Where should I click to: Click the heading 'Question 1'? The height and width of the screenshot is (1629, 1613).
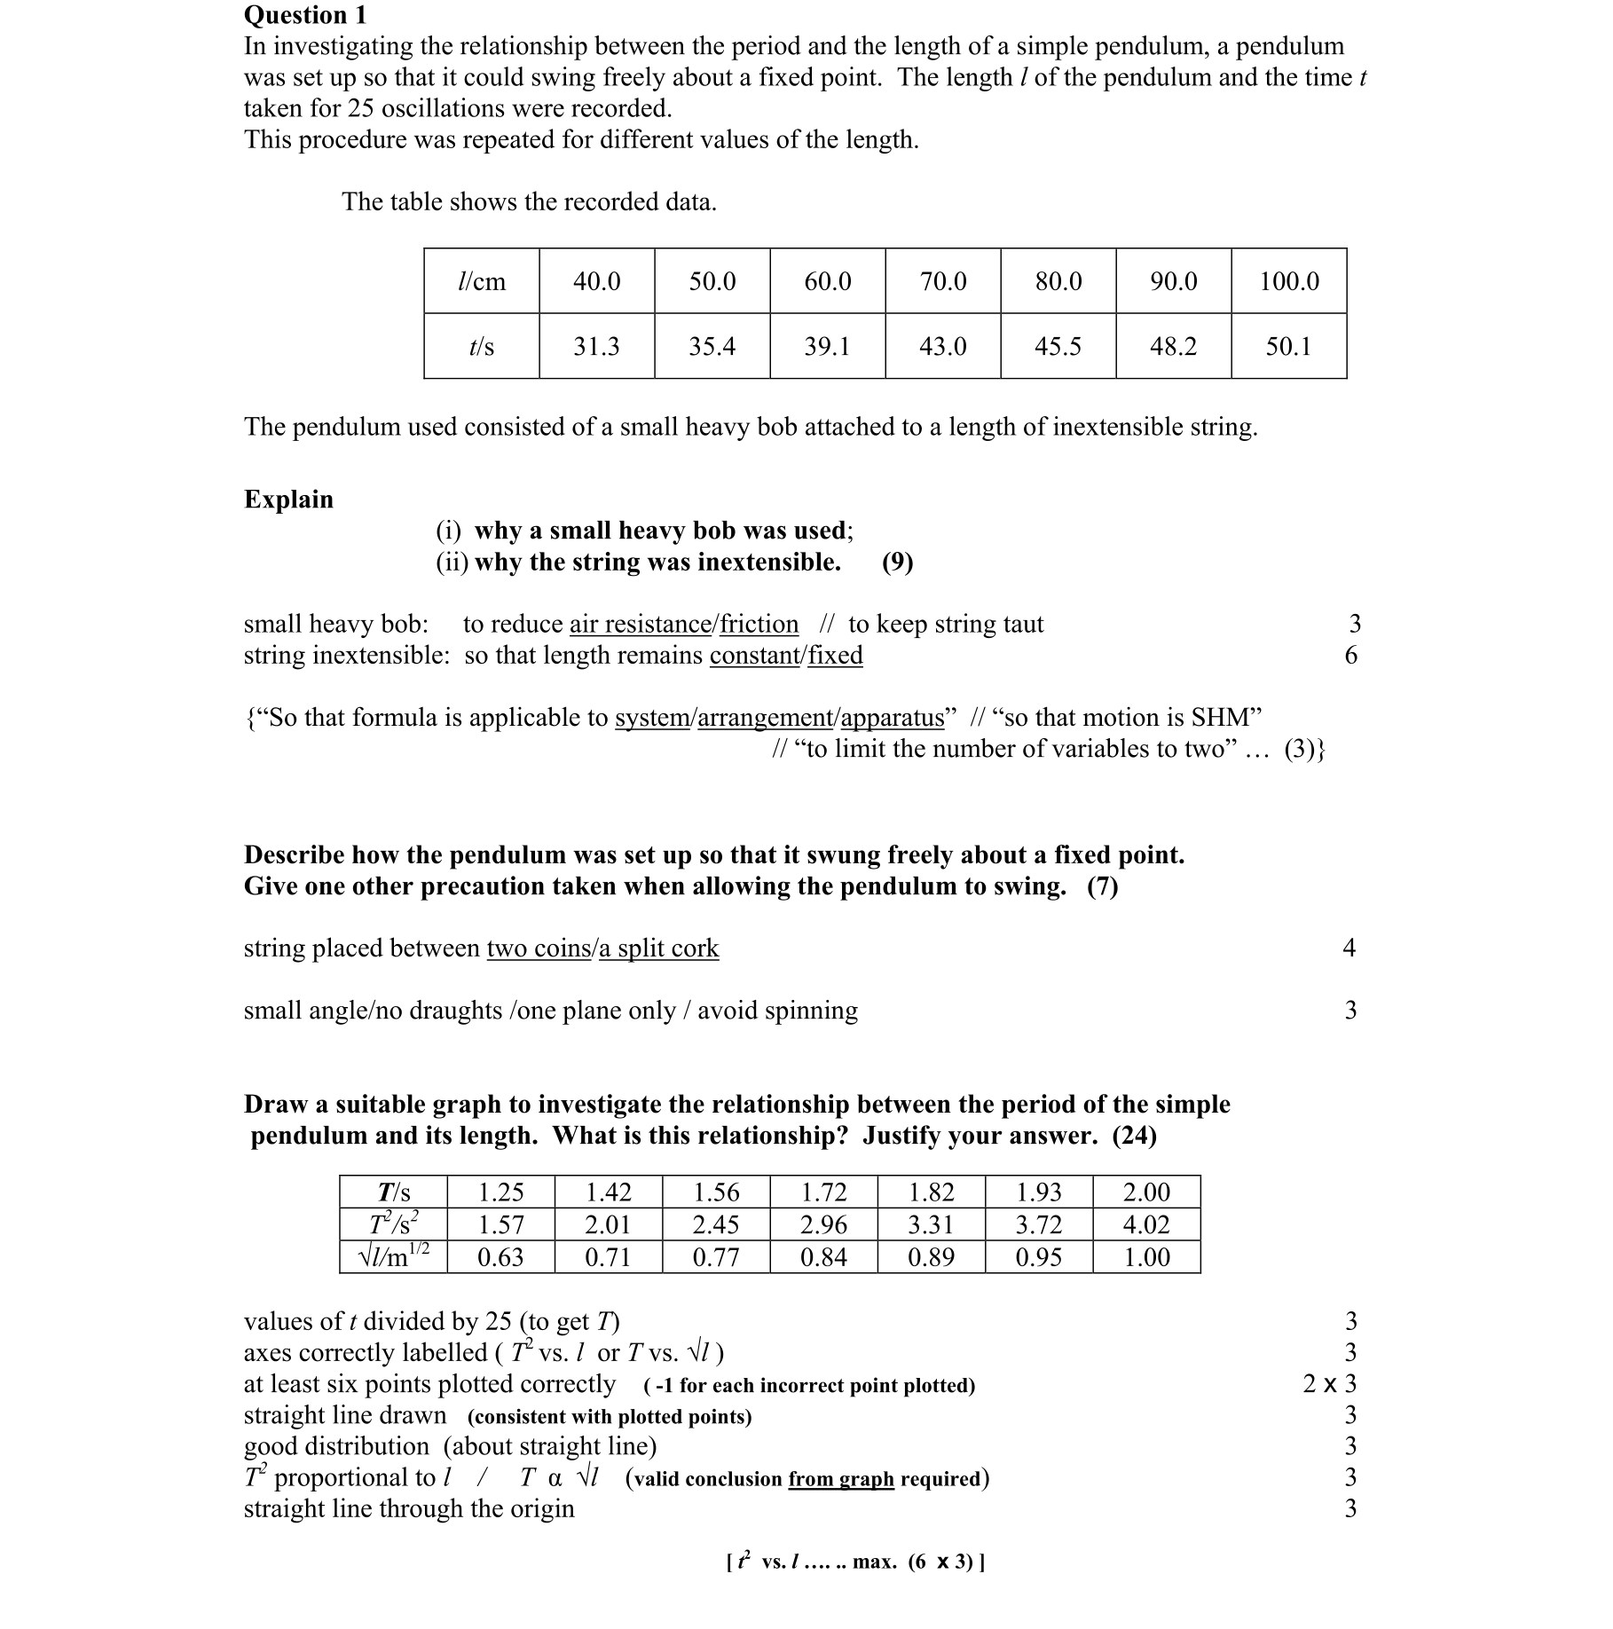[304, 15]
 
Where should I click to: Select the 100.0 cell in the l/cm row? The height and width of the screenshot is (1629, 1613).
[1288, 281]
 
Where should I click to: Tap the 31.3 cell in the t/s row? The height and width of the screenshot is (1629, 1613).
[596, 346]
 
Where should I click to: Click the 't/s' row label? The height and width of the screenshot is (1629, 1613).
[481, 346]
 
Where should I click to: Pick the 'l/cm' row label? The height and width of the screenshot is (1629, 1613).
[481, 281]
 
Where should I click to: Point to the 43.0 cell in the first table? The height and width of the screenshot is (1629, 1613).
[942, 346]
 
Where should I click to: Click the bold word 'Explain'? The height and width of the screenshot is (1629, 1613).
[288, 499]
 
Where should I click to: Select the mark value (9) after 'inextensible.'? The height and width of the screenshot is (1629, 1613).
[897, 562]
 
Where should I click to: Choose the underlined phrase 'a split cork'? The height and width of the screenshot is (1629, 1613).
[659, 948]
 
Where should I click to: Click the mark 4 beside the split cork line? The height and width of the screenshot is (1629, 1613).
[1349, 948]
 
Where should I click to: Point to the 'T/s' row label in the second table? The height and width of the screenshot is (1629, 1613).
[394, 1192]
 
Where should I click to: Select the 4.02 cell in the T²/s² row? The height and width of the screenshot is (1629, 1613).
[1145, 1224]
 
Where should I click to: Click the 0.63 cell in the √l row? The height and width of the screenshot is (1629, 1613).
[500, 1256]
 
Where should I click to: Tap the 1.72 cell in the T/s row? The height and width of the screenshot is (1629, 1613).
[823, 1192]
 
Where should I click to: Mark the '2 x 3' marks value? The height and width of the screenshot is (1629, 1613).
[1329, 1383]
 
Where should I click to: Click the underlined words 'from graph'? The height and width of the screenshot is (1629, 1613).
[840, 1478]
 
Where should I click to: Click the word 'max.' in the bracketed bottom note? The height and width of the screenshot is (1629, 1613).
[874, 1562]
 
